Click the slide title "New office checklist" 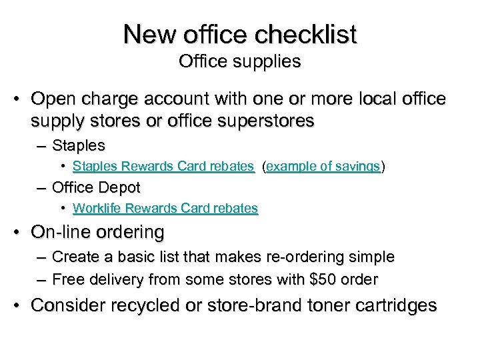click(240, 34)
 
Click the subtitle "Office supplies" click(240, 62)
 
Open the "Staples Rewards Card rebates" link click(163, 167)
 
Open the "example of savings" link click(323, 167)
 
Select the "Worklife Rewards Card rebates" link click(165, 209)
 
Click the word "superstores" click(271, 122)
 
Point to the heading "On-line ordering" click(97, 233)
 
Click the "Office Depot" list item click(95, 188)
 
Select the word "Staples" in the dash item click(78, 145)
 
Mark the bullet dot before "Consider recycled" click(21, 306)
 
